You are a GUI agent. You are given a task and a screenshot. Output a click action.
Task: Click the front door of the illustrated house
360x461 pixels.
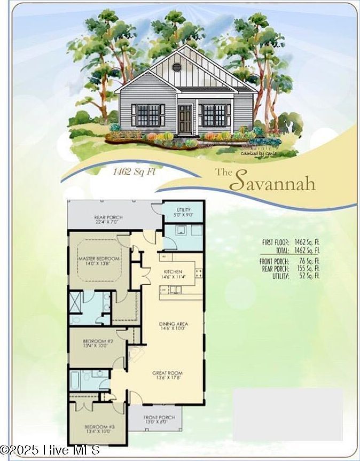[185, 119]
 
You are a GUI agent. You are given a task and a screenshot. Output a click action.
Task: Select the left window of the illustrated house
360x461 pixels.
[148, 115]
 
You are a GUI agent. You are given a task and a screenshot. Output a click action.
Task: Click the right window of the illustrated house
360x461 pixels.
[214, 115]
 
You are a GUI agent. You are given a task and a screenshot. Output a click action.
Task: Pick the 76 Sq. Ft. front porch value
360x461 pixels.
[310, 261]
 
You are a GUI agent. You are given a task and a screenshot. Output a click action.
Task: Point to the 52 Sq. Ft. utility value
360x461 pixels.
[310, 276]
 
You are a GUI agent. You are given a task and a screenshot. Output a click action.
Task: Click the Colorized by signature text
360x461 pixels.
[258, 153]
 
